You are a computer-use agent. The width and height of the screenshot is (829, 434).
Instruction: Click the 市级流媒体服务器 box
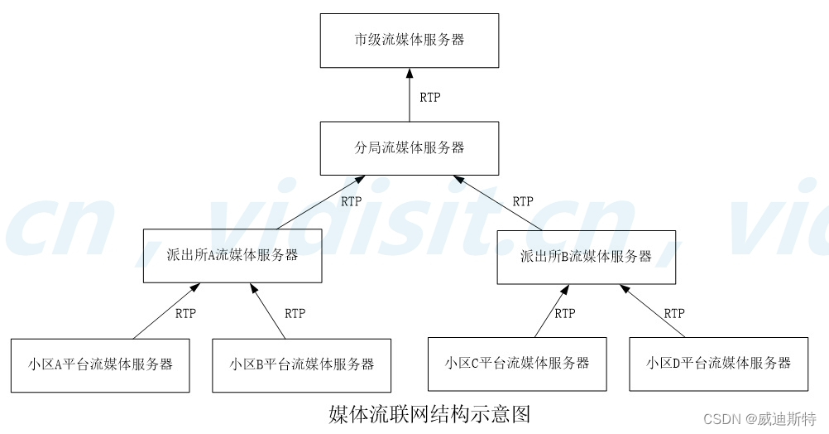pyautogui.click(x=410, y=40)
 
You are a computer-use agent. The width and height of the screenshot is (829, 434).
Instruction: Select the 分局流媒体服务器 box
pyautogui.click(x=410, y=148)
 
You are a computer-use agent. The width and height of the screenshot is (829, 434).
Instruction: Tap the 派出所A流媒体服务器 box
pyautogui.click(x=232, y=255)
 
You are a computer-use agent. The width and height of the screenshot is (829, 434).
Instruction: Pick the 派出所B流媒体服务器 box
pyautogui.click(x=586, y=257)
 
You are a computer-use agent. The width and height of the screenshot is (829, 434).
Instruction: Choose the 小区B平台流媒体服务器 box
pyautogui.click(x=302, y=364)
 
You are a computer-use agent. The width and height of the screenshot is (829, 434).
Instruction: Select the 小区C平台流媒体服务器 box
pyautogui.click(x=517, y=363)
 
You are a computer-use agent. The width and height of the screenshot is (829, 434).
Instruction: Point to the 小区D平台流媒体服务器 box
pyautogui.click(x=719, y=363)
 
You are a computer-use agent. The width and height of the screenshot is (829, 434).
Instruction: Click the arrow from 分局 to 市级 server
pyautogui.click(x=410, y=95)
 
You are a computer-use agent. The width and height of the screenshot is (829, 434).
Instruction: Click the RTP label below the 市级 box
pyautogui.click(x=429, y=98)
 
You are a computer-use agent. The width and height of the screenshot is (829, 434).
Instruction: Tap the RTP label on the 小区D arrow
pyautogui.click(x=674, y=313)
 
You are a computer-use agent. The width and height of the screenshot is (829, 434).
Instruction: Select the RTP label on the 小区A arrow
pyautogui.click(x=186, y=313)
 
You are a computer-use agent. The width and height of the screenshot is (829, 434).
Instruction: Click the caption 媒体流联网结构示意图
pyautogui.click(x=429, y=413)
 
